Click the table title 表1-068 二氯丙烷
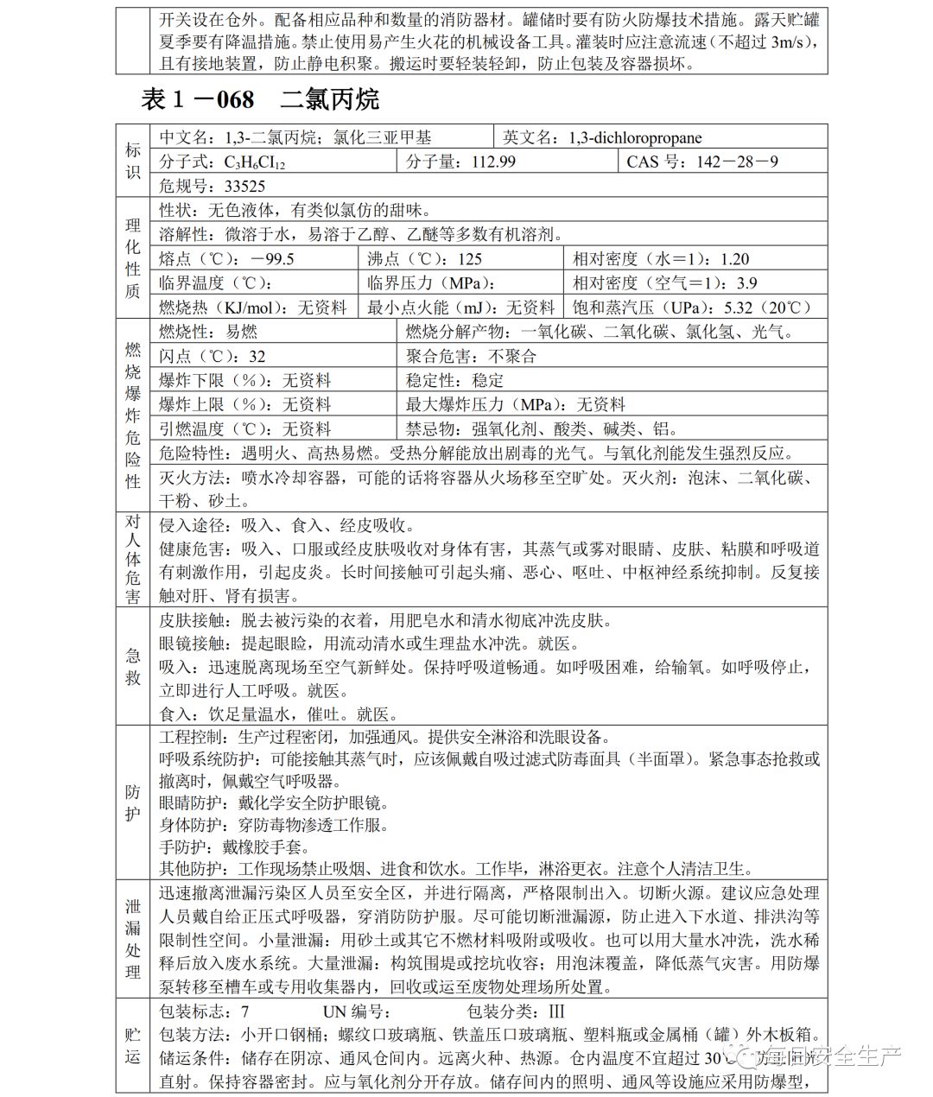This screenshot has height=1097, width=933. pyautogui.click(x=259, y=99)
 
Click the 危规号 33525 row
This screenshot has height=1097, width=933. pyautogui.click(x=213, y=186)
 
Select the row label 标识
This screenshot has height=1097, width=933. pyautogui.click(x=133, y=162)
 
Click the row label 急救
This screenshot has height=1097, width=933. pyautogui.click(x=133, y=666)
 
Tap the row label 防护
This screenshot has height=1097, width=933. pyautogui.click(x=133, y=803)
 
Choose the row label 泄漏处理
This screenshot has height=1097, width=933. pyautogui.click(x=133, y=939)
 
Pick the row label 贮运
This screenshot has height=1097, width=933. pyautogui.click(x=133, y=1045)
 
